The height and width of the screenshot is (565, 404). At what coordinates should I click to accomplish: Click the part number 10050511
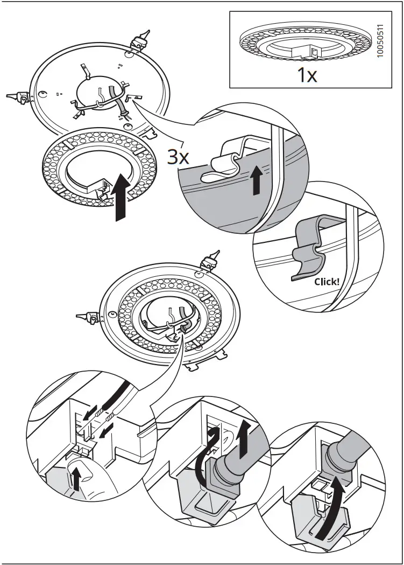click(381, 41)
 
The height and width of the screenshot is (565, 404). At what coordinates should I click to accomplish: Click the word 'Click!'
click(327, 281)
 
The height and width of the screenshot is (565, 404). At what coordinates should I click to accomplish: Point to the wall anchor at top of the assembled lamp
click(209, 261)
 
